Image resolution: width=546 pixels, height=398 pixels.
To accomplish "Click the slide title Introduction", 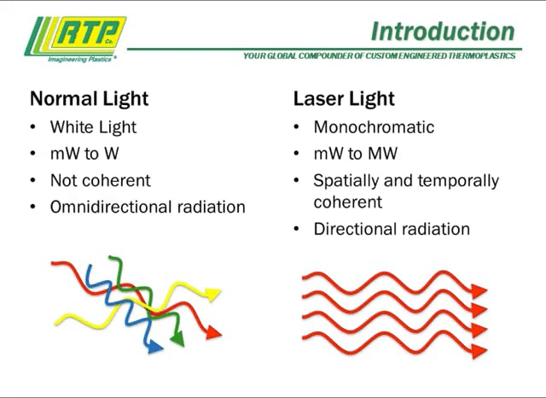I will pyautogui.click(x=443, y=32).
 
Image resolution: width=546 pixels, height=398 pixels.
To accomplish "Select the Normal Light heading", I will pyautogui.click(x=89, y=98).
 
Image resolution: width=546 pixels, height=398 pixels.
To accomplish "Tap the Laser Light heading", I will pyautogui.click(x=344, y=98).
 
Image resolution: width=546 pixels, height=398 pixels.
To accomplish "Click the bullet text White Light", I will pyautogui.click(x=93, y=127).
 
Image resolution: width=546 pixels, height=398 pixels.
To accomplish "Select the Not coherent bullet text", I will pyautogui.click(x=100, y=180).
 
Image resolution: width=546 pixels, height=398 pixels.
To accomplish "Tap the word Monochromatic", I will pyautogui.click(x=374, y=127).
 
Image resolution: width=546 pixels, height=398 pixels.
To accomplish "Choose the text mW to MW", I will pyautogui.click(x=355, y=155).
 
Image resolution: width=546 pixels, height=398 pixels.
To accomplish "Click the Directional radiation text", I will pyautogui.click(x=392, y=229).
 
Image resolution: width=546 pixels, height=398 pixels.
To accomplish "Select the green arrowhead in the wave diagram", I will pyautogui.click(x=177, y=341).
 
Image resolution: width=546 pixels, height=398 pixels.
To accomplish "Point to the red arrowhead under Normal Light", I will pyautogui.click(x=214, y=332).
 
